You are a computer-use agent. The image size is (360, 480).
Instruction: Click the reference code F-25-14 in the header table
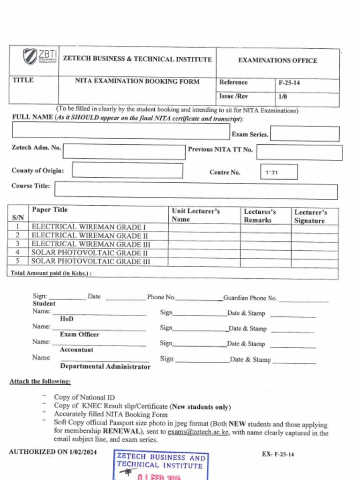tap(289, 83)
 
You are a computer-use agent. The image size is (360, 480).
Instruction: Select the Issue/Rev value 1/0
tap(283, 97)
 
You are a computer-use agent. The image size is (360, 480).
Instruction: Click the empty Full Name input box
tap(120, 131)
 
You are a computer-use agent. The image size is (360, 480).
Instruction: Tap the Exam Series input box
tap(305, 134)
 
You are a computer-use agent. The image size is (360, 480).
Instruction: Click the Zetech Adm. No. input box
tap(124, 152)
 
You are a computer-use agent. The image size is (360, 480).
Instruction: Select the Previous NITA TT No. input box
tap(299, 152)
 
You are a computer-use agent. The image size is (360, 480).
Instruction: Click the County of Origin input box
tap(127, 171)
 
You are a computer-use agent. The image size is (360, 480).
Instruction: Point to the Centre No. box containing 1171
tap(278, 172)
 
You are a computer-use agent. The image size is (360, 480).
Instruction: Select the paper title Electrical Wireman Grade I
tap(89, 227)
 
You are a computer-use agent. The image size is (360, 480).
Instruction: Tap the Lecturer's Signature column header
tap(310, 216)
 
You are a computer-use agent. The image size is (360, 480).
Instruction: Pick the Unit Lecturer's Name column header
tap(195, 215)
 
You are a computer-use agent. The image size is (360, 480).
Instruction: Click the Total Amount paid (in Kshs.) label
tap(51, 273)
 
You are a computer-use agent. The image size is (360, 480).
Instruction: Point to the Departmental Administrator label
tap(105, 367)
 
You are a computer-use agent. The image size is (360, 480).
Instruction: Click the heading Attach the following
tap(40, 382)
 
